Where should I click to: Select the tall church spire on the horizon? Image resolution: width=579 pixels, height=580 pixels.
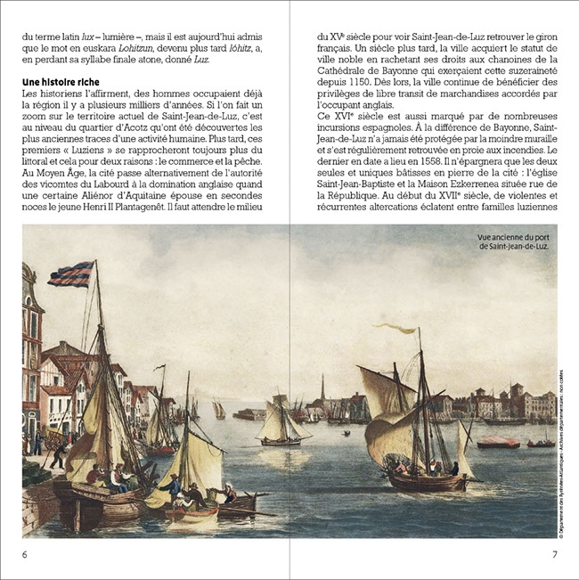click(322, 388)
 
